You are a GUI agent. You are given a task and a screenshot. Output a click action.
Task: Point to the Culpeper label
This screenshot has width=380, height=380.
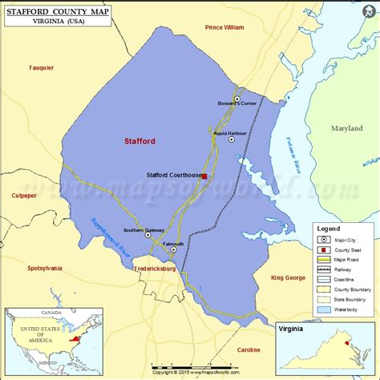24,195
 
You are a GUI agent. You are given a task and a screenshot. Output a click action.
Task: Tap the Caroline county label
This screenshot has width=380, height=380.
249,350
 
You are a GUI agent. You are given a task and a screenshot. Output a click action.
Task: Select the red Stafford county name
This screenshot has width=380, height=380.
139,140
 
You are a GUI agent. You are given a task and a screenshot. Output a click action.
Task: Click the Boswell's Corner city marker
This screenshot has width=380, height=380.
236,99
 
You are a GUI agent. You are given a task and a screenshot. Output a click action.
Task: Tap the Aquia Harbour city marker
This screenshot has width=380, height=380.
232,139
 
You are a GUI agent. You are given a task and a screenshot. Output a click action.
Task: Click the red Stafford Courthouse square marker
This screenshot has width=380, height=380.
204,176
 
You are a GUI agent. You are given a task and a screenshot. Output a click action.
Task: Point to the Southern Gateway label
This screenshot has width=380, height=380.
144,230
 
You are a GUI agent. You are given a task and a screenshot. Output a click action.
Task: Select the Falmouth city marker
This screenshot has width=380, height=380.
174,251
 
